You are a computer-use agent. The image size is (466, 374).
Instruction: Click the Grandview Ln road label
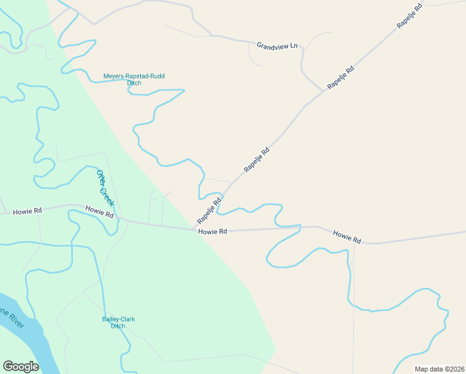coord(277,46)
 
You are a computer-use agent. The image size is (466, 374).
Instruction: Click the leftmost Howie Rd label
coord(27,212)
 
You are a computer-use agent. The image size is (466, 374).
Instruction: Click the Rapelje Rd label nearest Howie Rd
coord(209,211)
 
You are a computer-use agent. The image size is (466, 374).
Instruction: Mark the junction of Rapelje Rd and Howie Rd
coord(194,229)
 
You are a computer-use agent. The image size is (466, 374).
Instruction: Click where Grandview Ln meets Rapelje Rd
coord(324,91)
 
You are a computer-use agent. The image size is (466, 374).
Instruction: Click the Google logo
coord(21,366)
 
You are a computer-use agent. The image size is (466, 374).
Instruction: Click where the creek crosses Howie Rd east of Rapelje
coord(300,227)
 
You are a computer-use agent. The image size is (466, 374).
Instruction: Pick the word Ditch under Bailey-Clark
coord(118,326)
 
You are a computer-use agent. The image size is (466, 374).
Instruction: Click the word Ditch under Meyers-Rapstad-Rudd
coord(134,83)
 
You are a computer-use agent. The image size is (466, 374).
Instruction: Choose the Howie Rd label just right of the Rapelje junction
coord(213,231)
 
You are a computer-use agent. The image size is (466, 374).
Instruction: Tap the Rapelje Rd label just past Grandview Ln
coord(341,77)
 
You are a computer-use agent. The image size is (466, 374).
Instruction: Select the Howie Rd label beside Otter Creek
coord(100,213)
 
